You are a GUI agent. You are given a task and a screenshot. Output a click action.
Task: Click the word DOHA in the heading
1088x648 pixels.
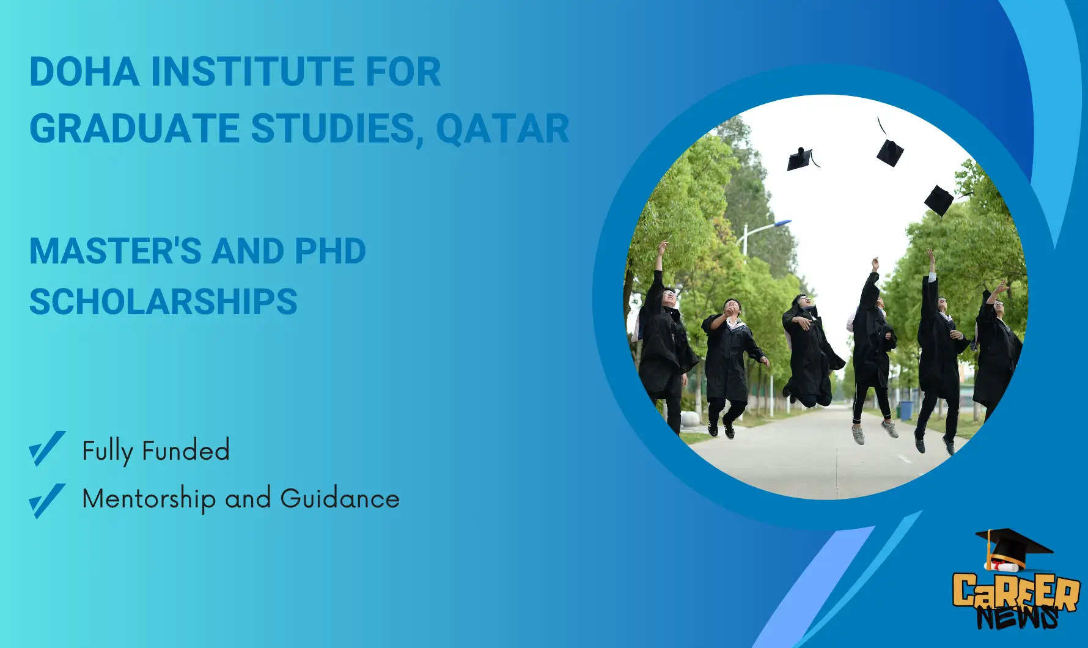click(x=84, y=72)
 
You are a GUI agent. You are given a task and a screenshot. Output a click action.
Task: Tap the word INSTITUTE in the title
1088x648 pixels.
click(x=252, y=72)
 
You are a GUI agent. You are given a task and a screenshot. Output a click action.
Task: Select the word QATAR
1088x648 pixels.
click(x=502, y=128)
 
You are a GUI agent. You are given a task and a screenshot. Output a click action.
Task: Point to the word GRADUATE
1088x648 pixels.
click(x=134, y=128)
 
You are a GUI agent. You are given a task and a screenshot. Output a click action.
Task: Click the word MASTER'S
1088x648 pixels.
click(x=115, y=251)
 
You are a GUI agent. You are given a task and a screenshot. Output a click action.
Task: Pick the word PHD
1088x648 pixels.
click(x=330, y=251)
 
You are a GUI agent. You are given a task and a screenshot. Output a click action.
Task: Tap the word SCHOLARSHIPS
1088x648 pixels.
click(x=163, y=302)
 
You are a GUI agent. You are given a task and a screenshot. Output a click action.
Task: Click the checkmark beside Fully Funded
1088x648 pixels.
click(x=47, y=449)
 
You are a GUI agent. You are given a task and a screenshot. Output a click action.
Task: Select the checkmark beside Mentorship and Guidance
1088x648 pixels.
click(x=47, y=501)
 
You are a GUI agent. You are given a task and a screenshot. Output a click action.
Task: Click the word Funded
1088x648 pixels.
click(x=186, y=451)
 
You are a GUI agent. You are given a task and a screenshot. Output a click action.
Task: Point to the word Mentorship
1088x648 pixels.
click(x=149, y=499)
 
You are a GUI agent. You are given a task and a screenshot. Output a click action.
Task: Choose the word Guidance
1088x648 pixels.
click(x=340, y=498)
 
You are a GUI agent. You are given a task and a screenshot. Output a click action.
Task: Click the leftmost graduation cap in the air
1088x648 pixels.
click(x=802, y=160)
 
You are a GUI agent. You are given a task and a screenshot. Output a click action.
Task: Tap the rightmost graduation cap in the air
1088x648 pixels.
click(x=940, y=200)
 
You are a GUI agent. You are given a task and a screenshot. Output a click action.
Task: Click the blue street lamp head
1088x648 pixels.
click(x=782, y=223)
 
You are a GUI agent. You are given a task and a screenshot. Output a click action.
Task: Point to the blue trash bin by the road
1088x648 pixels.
click(x=906, y=410)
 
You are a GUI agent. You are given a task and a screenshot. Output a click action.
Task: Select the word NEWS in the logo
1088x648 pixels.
click(x=1017, y=617)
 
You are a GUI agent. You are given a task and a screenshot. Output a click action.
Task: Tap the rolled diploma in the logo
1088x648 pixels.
click(x=1004, y=565)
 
